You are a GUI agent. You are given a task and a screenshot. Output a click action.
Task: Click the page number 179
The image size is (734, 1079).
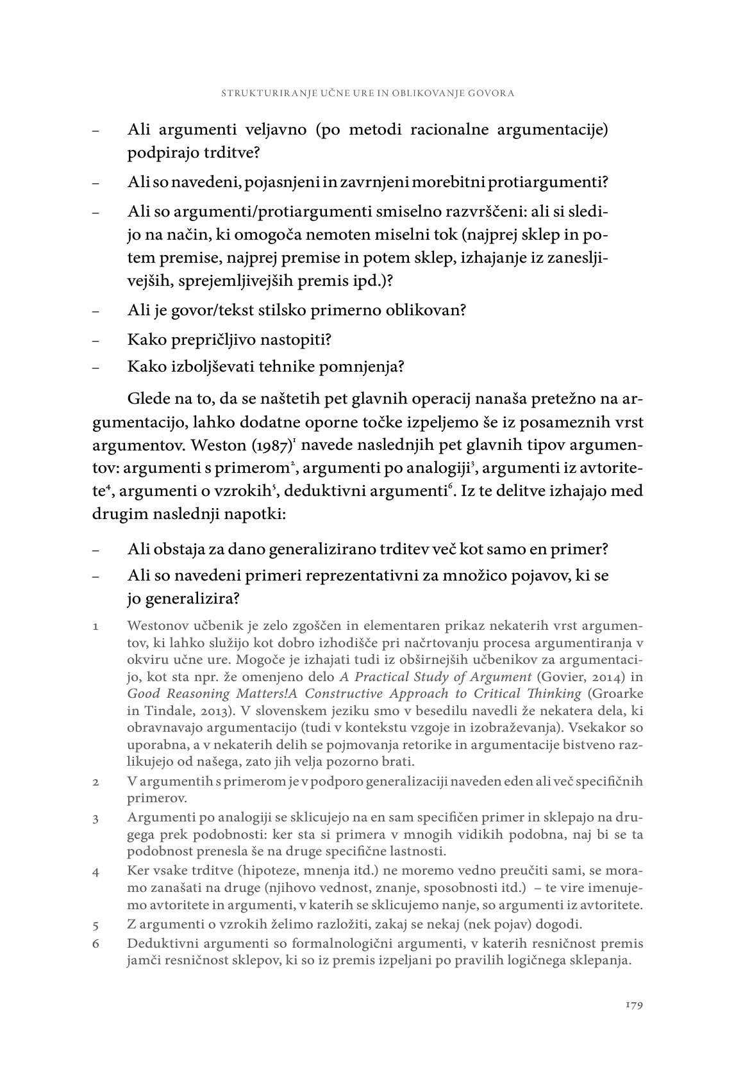[x=633, y=1004]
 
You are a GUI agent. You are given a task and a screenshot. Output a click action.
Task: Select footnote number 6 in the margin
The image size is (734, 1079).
[x=95, y=944]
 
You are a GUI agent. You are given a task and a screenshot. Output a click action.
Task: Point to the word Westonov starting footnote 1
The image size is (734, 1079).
[x=156, y=625]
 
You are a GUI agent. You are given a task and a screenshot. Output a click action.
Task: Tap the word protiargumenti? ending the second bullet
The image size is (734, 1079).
[x=549, y=183]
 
